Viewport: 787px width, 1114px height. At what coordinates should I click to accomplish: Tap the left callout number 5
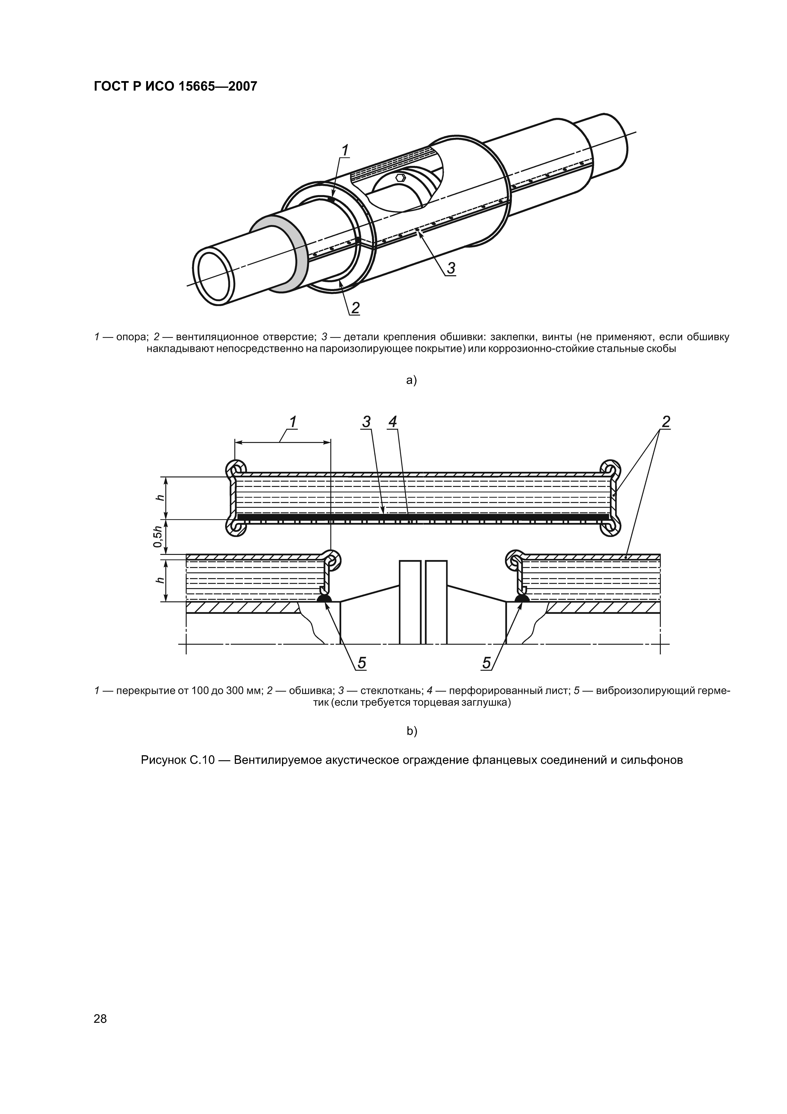pos(361,663)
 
